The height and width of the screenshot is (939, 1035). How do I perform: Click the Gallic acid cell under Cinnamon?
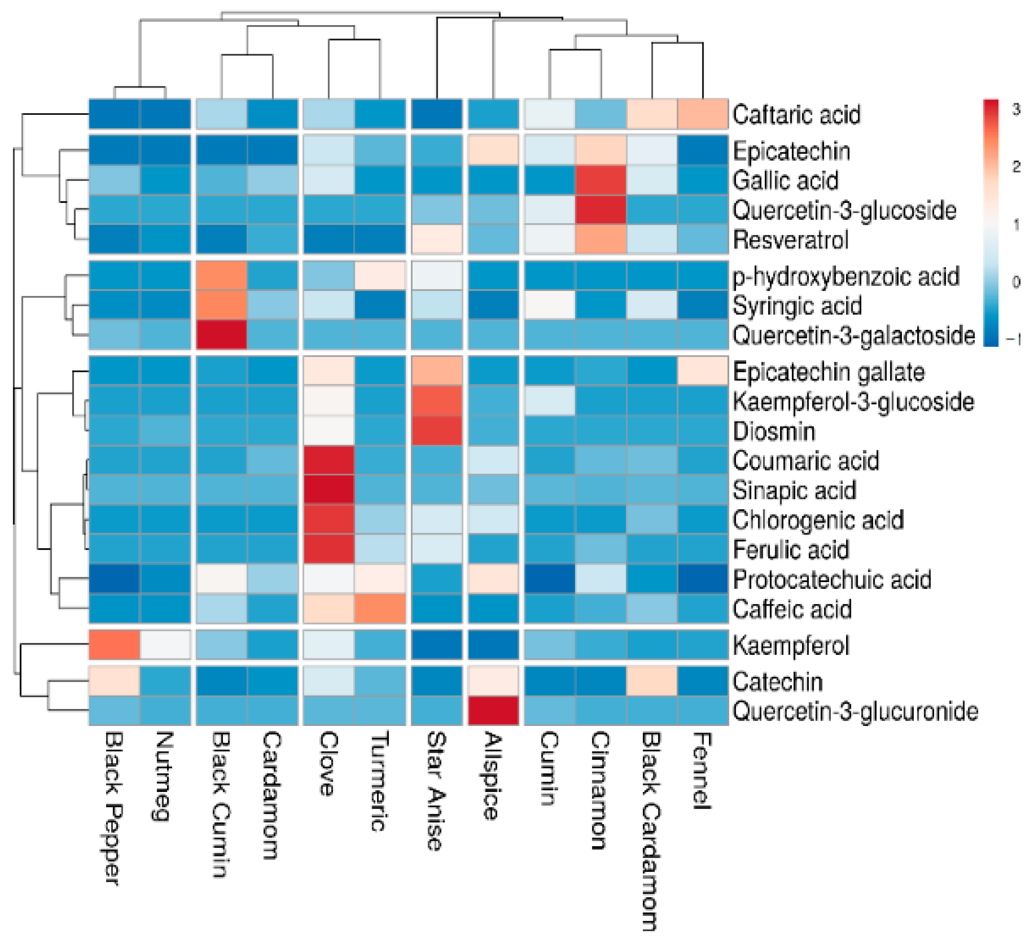(601, 180)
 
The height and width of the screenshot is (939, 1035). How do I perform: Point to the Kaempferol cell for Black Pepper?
(114, 644)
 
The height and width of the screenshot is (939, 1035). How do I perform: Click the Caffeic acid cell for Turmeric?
(380, 608)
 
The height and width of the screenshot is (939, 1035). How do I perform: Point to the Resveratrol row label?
(791, 239)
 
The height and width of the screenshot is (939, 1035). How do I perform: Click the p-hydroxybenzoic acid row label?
(846, 277)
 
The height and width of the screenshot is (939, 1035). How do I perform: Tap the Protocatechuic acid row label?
(832, 579)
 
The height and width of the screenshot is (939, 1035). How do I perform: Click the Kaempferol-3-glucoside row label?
(853, 401)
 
